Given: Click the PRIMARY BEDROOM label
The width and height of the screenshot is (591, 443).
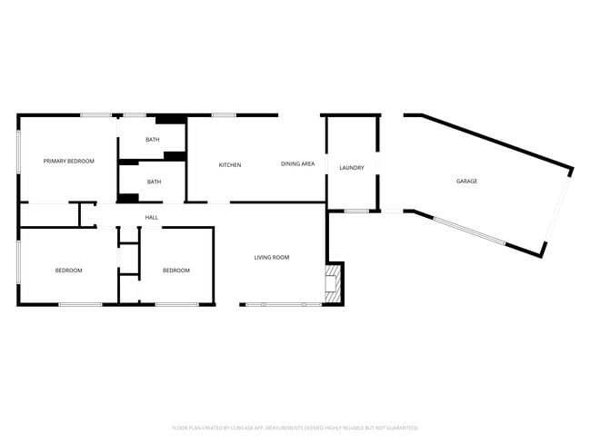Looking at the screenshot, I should tap(69, 161).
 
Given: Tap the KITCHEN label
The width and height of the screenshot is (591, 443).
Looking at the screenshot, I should tap(229, 164).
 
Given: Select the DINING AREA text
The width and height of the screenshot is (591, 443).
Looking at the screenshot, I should tap(297, 163).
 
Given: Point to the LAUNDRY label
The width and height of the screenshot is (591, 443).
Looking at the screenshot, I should tap(351, 168).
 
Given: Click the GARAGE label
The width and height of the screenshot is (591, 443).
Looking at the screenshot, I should tap(466, 182).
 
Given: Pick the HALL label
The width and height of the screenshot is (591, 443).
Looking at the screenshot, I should tap(152, 217).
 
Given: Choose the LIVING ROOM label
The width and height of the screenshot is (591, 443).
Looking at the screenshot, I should tap(271, 258).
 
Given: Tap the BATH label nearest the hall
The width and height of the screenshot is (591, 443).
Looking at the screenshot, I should tap(154, 182).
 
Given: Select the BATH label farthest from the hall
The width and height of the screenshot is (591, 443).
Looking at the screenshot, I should tap(153, 139).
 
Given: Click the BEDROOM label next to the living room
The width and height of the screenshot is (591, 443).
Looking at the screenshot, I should tap(176, 270).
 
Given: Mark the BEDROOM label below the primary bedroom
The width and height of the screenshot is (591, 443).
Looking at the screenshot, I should tap(68, 270).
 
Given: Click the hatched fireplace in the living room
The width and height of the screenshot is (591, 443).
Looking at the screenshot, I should tap(334, 281).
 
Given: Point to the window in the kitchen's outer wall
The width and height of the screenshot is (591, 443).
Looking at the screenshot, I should tap(224, 115).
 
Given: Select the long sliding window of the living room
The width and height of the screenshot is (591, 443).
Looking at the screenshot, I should tap(282, 304).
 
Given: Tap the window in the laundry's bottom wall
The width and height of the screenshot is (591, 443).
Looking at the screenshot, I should tap(356, 212).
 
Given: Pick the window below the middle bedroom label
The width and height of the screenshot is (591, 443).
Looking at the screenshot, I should tap(176, 304).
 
